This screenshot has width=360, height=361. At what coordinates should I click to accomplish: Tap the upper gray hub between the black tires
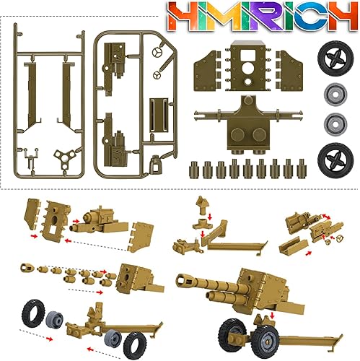[334, 95]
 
